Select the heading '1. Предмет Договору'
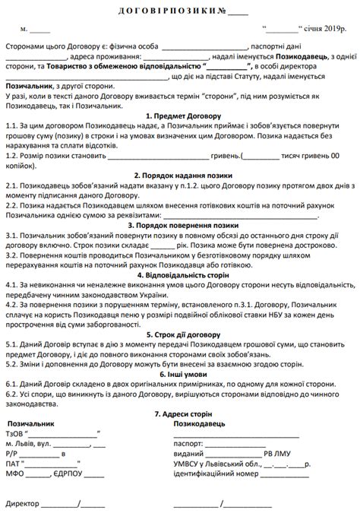179,114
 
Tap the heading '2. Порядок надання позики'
179,173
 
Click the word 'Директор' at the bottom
23,504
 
